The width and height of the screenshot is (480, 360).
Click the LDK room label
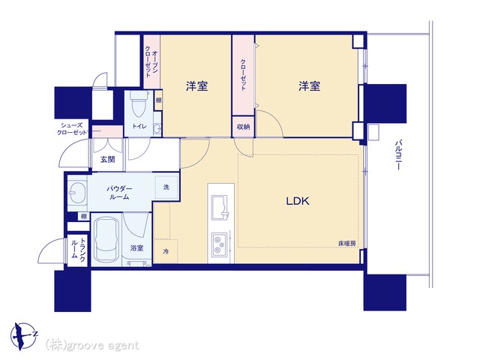tap(298, 201)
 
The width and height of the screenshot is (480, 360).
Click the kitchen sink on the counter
tap(220, 208)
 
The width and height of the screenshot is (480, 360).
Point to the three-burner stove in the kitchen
tap(219, 244)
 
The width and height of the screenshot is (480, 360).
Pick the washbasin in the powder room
tap(76, 192)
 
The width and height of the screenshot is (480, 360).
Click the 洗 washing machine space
tap(166, 187)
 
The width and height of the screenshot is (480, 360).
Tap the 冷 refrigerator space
tap(166, 252)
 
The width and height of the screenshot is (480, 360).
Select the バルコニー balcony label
tap(398, 155)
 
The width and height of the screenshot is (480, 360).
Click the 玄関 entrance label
tap(107, 160)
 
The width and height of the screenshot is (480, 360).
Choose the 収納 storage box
tap(243, 127)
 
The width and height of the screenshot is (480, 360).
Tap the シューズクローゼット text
tap(72, 129)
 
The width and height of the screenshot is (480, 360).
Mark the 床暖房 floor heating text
tap(347, 244)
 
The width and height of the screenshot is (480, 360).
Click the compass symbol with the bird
tap(23, 336)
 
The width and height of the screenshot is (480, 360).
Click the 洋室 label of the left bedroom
tap(196, 86)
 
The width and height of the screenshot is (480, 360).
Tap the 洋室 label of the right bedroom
tap(310, 86)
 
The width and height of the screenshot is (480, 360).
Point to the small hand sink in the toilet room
tap(157, 128)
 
